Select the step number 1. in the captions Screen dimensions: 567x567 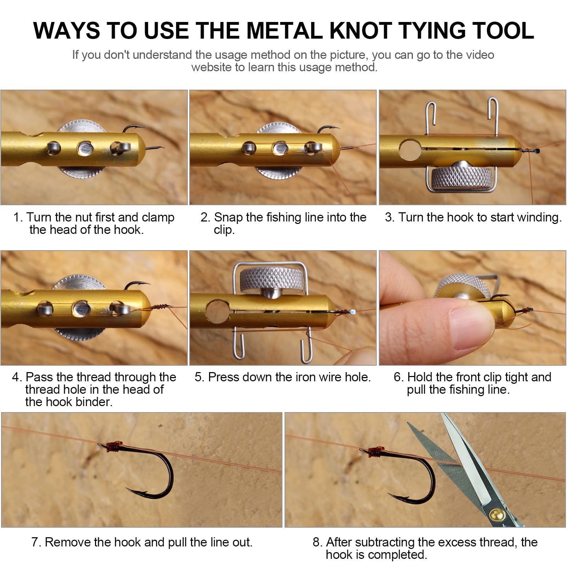point(18,217)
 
